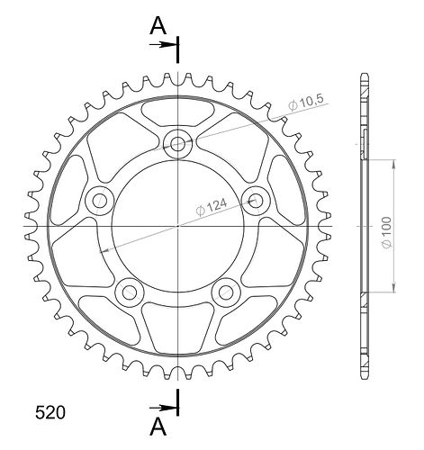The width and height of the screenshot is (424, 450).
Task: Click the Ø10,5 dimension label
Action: coord(306,103)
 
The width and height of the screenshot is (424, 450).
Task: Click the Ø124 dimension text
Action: coord(212,207)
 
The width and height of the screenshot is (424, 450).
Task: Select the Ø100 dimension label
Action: coord(387,232)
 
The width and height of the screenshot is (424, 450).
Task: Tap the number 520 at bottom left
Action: coord(50,412)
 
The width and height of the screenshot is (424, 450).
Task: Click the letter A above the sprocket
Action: coord(158,25)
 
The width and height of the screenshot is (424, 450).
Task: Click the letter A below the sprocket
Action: coord(158,427)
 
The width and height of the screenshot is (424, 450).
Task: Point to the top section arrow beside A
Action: coord(163,45)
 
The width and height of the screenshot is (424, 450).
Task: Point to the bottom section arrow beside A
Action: coord(163,408)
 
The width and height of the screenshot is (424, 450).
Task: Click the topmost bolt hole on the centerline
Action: coord(177,144)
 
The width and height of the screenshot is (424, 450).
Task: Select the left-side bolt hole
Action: coord(99,201)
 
